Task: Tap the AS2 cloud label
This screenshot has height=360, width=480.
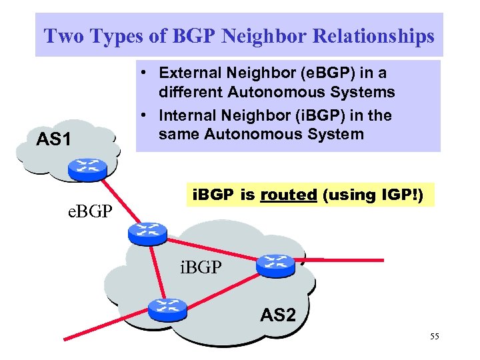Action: click(277, 315)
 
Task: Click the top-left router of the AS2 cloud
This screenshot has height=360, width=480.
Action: click(143, 231)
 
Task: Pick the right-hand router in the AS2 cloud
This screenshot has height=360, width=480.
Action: click(275, 265)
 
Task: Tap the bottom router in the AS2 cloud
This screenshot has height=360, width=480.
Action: click(168, 307)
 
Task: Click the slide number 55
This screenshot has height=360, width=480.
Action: click(435, 337)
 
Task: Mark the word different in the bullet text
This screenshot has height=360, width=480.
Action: click(192, 91)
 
